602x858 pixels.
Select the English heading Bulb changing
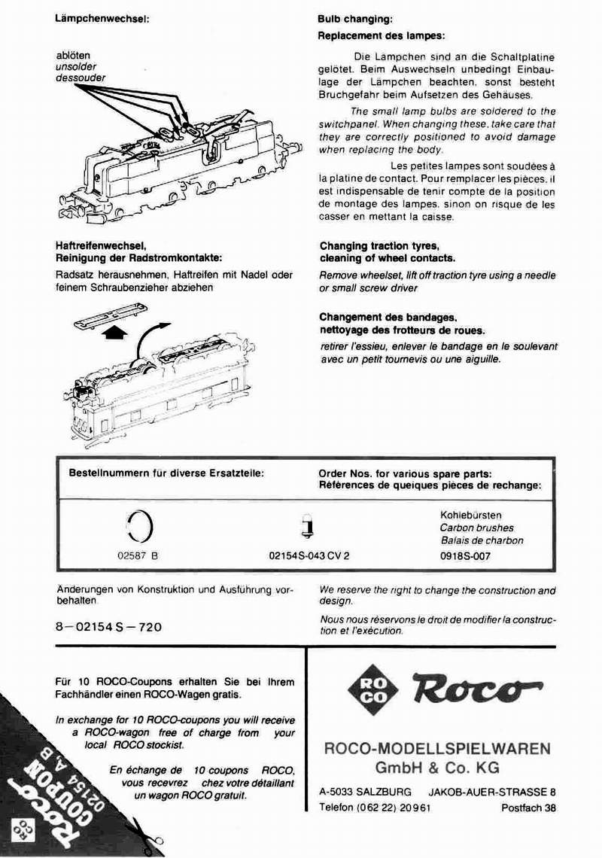coord(355,20)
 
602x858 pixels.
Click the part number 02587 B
coord(138,556)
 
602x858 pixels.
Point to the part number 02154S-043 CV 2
coord(309,556)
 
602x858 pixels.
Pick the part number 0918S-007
coord(465,556)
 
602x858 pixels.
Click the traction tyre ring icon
coord(140,525)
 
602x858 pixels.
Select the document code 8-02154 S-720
coord(108,626)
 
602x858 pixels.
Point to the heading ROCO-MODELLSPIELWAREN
coord(437,749)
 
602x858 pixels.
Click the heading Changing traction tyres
coord(379,246)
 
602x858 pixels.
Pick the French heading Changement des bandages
coord(388,318)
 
